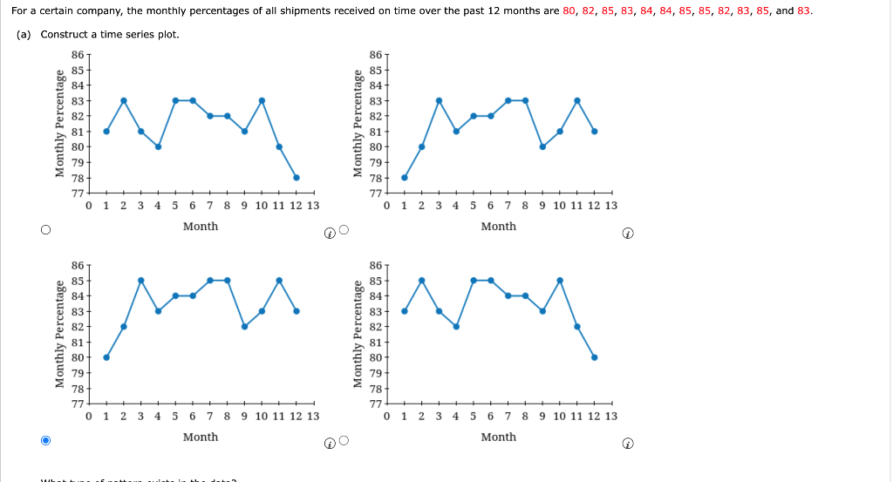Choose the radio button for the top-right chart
click(344, 230)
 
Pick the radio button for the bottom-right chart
click(344, 441)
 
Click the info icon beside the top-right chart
click(627, 234)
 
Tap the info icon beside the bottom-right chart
click(627, 445)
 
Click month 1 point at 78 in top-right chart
click(404, 177)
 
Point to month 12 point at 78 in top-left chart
click(297, 177)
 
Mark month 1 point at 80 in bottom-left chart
click(106, 357)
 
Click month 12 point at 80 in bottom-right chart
click(594, 357)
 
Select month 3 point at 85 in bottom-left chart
click(141, 280)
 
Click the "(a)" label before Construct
click(24, 34)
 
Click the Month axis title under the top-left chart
click(201, 227)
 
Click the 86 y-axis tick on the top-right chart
click(376, 55)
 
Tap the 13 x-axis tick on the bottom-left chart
click(313, 417)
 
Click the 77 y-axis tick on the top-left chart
click(77, 193)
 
